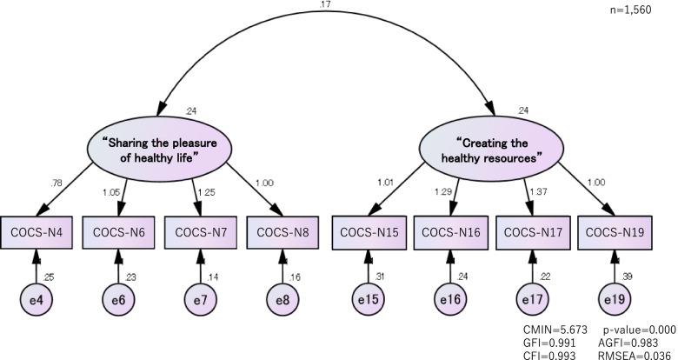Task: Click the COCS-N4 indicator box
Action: click(x=35, y=232)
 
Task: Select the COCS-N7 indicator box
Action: click(x=199, y=232)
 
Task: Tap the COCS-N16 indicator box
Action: click(x=449, y=232)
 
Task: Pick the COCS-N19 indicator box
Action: click(x=615, y=232)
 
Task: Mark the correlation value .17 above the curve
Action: click(x=324, y=5)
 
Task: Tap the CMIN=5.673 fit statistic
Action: click(x=554, y=330)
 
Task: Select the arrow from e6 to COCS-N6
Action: click(x=117, y=265)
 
